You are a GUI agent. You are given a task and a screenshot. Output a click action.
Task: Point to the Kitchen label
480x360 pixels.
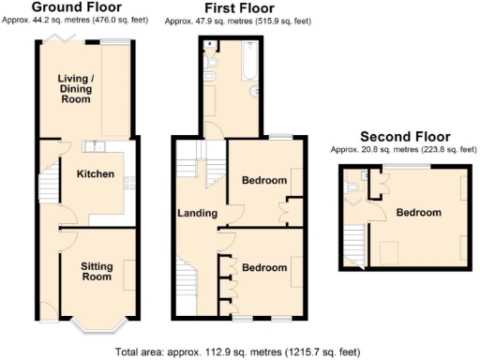pyautogui.click(x=95, y=174)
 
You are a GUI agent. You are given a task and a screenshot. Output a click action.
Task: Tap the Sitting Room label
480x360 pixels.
pyautogui.click(x=95, y=270)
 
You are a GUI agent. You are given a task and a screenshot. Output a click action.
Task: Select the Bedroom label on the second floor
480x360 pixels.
pyautogui.click(x=417, y=213)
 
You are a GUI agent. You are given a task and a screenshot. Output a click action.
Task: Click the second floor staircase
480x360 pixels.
pyautogui.click(x=353, y=246)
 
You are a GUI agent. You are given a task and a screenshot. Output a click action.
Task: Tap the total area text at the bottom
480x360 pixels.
pyautogui.click(x=238, y=352)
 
